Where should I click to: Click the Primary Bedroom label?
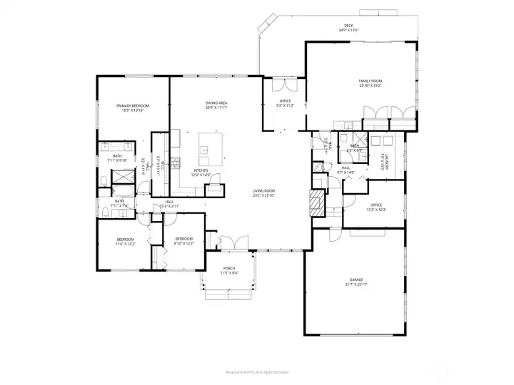click(x=133, y=106)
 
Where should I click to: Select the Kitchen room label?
click(x=201, y=170)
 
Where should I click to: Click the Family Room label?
click(x=369, y=82)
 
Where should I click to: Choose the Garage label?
click(x=356, y=279)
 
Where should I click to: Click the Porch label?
click(x=229, y=268)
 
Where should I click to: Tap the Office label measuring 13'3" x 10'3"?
click(x=376, y=205)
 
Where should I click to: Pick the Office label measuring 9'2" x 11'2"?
click(x=285, y=101)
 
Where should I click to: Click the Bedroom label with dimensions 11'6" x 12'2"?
click(x=125, y=240)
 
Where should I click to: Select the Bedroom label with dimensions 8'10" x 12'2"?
click(x=184, y=240)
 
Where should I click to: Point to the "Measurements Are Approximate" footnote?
click(x=257, y=371)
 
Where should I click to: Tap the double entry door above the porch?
click(x=233, y=242)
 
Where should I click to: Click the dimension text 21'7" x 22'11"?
click(x=356, y=284)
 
